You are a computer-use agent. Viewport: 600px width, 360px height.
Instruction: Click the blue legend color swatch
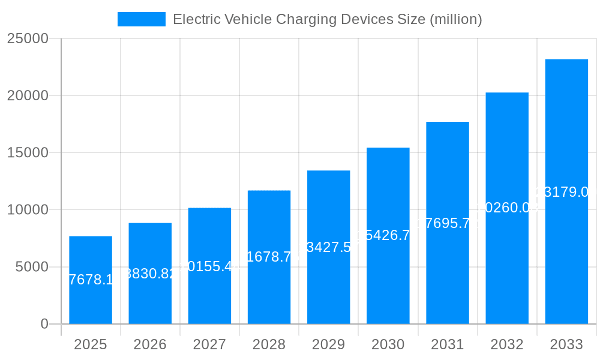tap(142, 19)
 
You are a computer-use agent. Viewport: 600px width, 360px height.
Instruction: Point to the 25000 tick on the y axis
tap(27, 38)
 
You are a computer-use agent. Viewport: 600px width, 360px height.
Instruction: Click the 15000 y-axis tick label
tap(27, 152)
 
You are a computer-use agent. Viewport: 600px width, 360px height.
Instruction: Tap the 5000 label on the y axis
tap(31, 267)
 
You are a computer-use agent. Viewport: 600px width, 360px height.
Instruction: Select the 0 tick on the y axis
tap(44, 324)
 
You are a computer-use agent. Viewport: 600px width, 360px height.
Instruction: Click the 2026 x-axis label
tap(150, 344)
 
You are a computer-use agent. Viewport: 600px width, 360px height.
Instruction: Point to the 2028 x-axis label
tap(269, 344)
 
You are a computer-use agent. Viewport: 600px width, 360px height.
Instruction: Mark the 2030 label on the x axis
tap(388, 344)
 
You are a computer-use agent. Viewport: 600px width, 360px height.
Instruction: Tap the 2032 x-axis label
tap(507, 344)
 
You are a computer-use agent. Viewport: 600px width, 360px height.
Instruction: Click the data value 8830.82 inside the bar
tap(150, 274)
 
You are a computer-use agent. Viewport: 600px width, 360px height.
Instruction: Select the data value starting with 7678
tap(91, 280)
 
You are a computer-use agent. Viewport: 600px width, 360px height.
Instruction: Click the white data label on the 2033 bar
tap(566, 192)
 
